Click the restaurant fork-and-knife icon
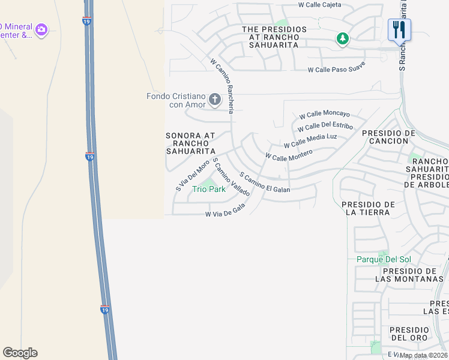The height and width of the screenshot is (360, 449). pyautogui.click(x=399, y=29)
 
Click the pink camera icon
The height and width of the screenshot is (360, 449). pyautogui.click(x=41, y=29)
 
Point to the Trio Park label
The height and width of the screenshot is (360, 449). pyautogui.click(x=208, y=189)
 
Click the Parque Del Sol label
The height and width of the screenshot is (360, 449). pyautogui.click(x=384, y=259)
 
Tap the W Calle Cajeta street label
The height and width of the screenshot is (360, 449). pyautogui.click(x=320, y=5)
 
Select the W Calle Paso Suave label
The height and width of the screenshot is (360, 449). pyautogui.click(x=336, y=70)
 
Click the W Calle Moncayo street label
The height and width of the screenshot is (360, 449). pyautogui.click(x=324, y=114)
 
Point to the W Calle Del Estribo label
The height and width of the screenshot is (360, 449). pyautogui.click(x=325, y=126)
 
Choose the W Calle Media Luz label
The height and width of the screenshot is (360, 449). pyautogui.click(x=310, y=141)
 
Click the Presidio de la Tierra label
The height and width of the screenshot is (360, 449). pyautogui.click(x=368, y=208)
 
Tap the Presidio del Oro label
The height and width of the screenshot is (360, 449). pyautogui.click(x=409, y=334)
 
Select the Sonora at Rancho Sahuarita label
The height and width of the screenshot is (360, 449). pyautogui.click(x=190, y=143)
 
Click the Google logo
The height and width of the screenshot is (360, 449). pyautogui.click(x=20, y=353)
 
